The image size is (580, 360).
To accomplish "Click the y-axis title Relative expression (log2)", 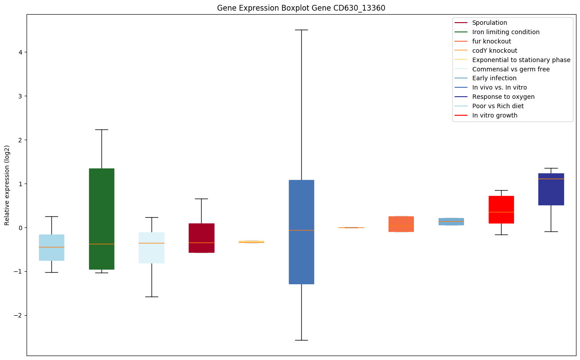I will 7,185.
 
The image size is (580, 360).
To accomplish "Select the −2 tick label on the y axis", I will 20,315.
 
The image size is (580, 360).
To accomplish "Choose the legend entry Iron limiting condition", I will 506,32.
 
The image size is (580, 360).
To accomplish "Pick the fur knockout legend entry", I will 491,41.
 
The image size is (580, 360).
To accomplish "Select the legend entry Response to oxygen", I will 503,97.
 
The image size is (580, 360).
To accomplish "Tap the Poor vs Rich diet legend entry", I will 498,106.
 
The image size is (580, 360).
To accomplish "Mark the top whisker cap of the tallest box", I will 301,30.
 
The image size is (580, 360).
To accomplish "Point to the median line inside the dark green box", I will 101,244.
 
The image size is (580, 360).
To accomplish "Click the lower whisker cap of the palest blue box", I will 152,297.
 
